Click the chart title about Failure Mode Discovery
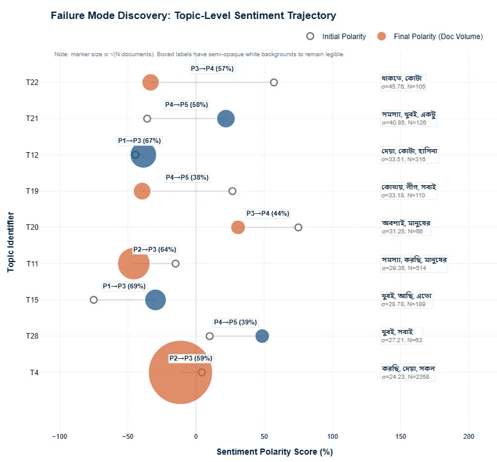pos(193,15)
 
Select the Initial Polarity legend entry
pos(336,37)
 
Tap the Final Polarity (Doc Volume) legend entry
pos(430,37)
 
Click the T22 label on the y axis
pos(32,82)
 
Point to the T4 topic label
pos(34,372)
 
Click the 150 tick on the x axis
pos(400,436)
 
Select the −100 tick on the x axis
pos(59,436)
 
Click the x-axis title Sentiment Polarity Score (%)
pos(274,452)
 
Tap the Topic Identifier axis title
pos(10,242)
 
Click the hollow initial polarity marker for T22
pos(274,82)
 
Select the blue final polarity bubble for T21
pos(226,119)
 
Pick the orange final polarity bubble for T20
pos(238,227)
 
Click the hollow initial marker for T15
pos(94,300)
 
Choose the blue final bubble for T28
pos(262,336)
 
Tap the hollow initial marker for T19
pos(232,191)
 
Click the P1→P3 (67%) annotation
pos(139,141)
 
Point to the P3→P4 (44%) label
pos(268,213)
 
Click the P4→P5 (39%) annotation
pos(235,322)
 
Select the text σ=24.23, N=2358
pos(405,377)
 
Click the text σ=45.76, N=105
pos(403,87)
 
